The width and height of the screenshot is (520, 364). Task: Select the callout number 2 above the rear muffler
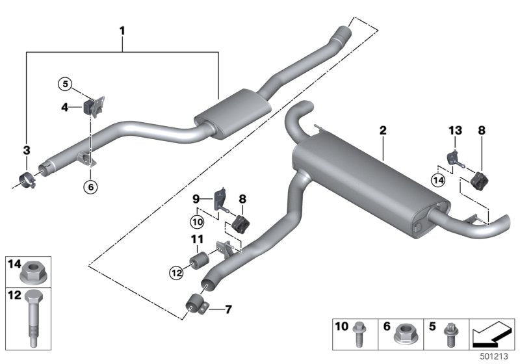(x=383, y=131)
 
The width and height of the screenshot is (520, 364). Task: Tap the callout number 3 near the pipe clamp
(x=27, y=151)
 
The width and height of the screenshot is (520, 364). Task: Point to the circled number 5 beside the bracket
(x=64, y=84)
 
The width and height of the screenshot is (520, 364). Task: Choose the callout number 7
(x=228, y=309)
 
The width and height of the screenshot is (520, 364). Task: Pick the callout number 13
(x=454, y=131)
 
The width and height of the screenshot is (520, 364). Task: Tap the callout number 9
(x=196, y=197)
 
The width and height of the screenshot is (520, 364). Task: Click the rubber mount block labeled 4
(x=90, y=107)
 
